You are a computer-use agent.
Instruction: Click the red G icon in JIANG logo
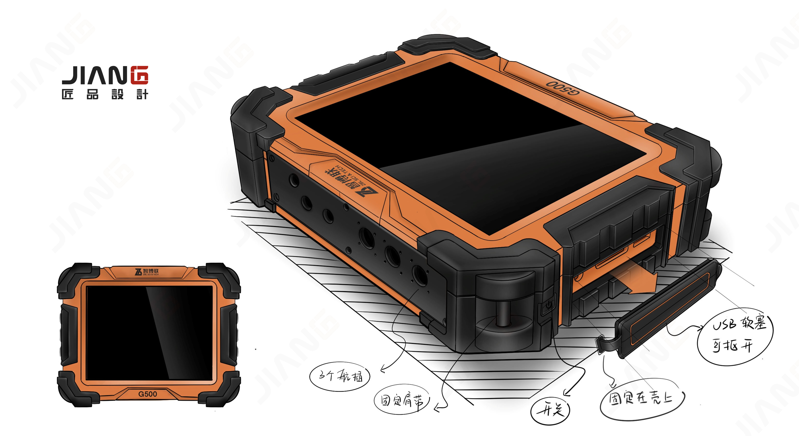139,75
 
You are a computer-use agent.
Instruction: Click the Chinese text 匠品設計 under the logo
105,94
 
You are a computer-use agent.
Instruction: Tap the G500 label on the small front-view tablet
148,394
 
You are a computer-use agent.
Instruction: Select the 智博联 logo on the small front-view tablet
147,272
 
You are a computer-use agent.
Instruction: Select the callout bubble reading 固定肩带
402,401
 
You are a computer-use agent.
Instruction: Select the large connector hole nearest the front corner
419,275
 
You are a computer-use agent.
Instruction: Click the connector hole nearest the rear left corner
294,180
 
